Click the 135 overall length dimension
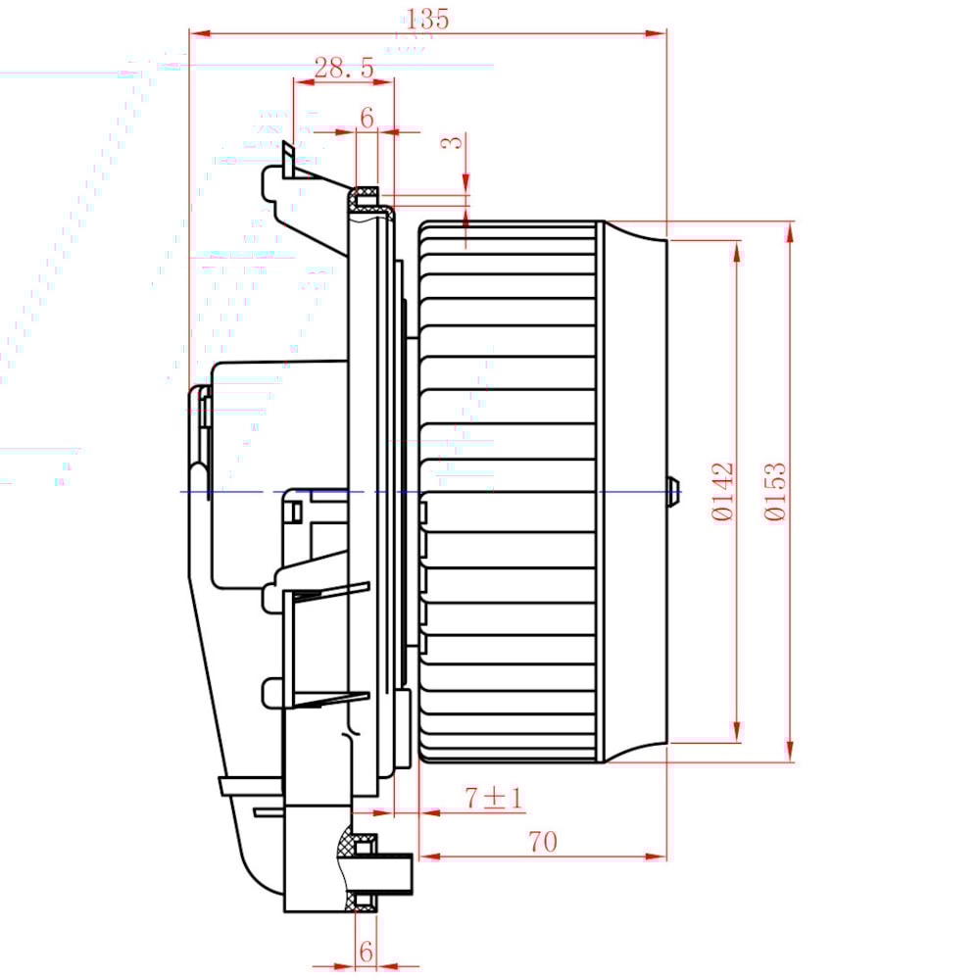click(427, 19)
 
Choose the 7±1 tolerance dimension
click(493, 798)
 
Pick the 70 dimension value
click(542, 842)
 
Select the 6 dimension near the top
click(367, 118)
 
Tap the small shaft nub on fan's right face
click(674, 490)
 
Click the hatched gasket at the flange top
click(367, 188)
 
